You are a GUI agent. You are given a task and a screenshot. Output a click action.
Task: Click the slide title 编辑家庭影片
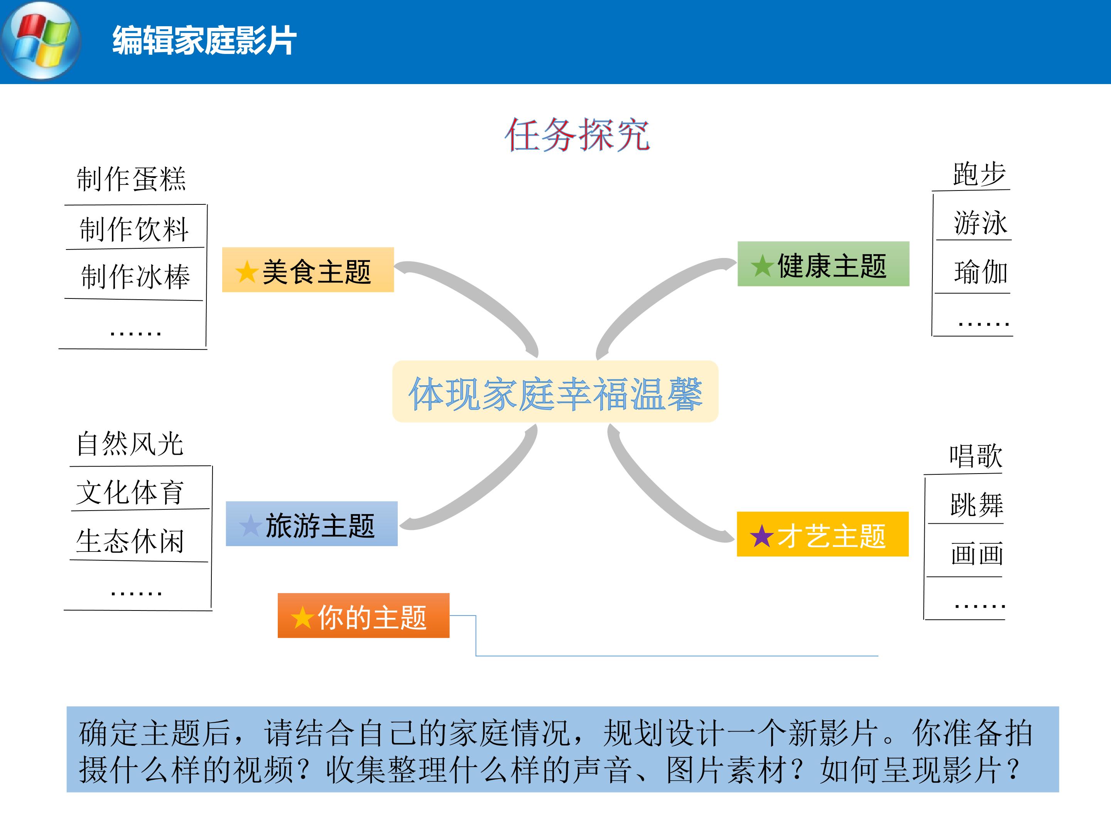pos(204,40)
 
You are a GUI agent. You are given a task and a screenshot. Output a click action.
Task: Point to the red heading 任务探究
pos(577,135)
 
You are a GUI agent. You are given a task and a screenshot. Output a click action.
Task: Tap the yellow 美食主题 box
pos(308,270)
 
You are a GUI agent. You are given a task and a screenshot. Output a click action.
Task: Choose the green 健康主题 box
pos(823,264)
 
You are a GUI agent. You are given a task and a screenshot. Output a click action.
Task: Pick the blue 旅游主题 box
pos(311,524)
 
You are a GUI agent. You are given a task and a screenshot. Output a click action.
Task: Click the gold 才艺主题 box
pos(823,534)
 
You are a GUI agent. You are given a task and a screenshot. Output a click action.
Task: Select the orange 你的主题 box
pos(364,615)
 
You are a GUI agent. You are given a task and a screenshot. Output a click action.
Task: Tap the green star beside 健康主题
pos(762,266)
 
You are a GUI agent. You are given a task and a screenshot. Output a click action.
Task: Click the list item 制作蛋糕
pos(131,179)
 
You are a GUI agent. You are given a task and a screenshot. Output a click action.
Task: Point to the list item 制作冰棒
pos(136,277)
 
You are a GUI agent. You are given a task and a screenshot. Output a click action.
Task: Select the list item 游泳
pos(980,223)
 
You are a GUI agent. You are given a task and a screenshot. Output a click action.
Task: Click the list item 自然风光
pos(130,444)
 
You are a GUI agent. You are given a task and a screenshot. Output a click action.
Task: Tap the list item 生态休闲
pos(130,541)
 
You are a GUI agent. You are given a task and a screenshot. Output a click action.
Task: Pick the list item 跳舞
pos(977,504)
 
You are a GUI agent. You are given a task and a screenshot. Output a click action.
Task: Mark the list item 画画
pos(977,554)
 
